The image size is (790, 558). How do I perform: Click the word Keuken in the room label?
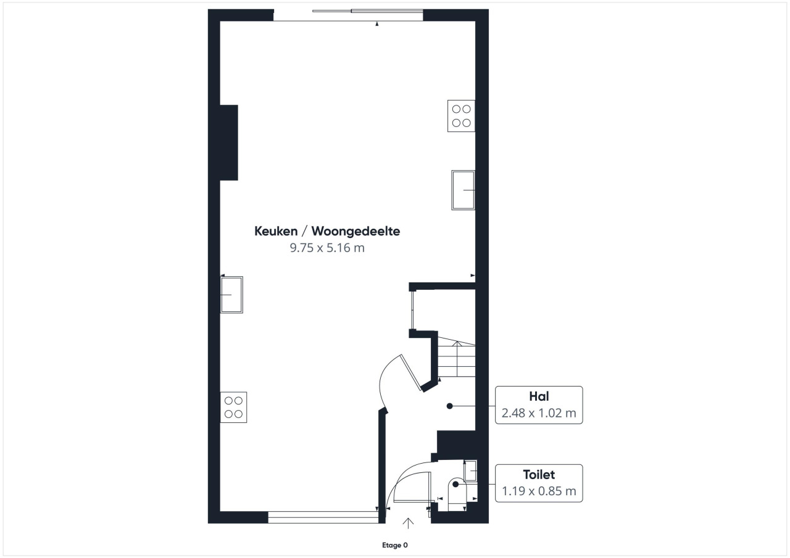click(x=276, y=231)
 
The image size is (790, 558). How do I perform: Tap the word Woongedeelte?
click(x=355, y=231)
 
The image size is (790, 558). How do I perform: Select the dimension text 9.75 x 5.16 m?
click(x=327, y=248)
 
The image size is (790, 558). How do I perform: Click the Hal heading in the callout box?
click(x=539, y=396)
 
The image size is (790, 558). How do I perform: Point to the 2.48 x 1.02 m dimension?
click(x=539, y=413)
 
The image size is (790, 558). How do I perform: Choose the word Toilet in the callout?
click(x=539, y=475)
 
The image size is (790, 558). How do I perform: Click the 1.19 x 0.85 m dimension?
click(x=539, y=491)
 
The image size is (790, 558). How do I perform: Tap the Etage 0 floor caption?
click(x=395, y=545)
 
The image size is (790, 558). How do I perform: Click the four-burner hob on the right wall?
click(x=461, y=116)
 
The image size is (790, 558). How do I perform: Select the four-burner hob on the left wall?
click(x=233, y=407)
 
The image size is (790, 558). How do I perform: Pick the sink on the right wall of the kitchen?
click(x=463, y=191)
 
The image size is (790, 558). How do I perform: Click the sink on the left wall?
click(x=231, y=295)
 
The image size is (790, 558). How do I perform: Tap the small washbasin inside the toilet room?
click(x=470, y=470)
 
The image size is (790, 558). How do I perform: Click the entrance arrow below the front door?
click(x=408, y=523)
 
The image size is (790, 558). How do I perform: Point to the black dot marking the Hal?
click(x=450, y=406)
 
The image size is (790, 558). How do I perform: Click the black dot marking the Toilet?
click(x=455, y=485)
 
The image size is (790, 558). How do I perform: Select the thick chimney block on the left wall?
click(x=229, y=142)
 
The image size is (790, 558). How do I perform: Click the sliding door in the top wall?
click(x=367, y=11)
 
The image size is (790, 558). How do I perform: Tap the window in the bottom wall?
click(x=323, y=517)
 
